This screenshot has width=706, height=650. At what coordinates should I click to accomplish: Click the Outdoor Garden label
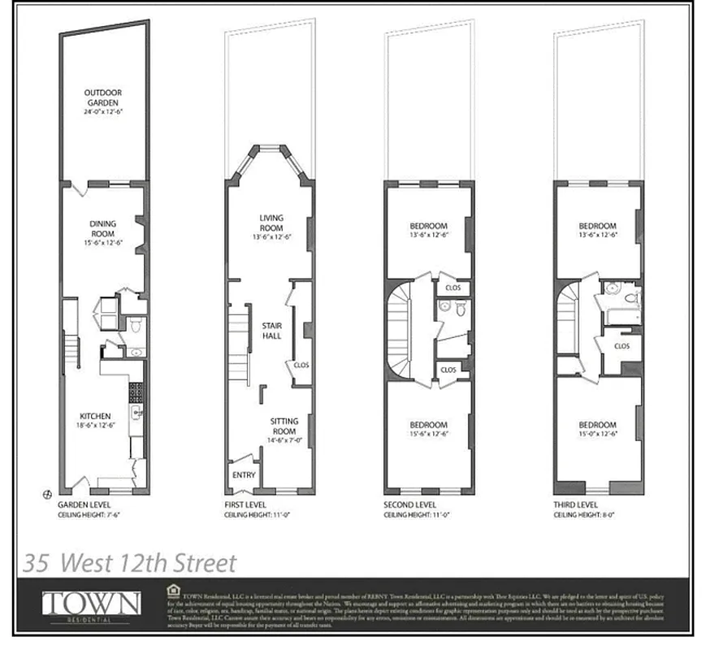102,98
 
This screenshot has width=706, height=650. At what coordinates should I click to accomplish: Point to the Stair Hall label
271,330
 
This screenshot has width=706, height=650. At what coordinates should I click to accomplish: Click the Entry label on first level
244,475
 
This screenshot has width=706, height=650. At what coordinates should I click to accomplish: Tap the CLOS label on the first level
301,366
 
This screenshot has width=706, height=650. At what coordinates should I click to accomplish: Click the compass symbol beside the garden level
47,493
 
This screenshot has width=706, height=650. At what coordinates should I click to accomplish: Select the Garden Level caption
84,505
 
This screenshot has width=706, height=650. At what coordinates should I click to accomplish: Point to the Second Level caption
410,505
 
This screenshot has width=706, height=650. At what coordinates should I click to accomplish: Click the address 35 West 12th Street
130,562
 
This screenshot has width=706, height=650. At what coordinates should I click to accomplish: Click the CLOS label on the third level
622,346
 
